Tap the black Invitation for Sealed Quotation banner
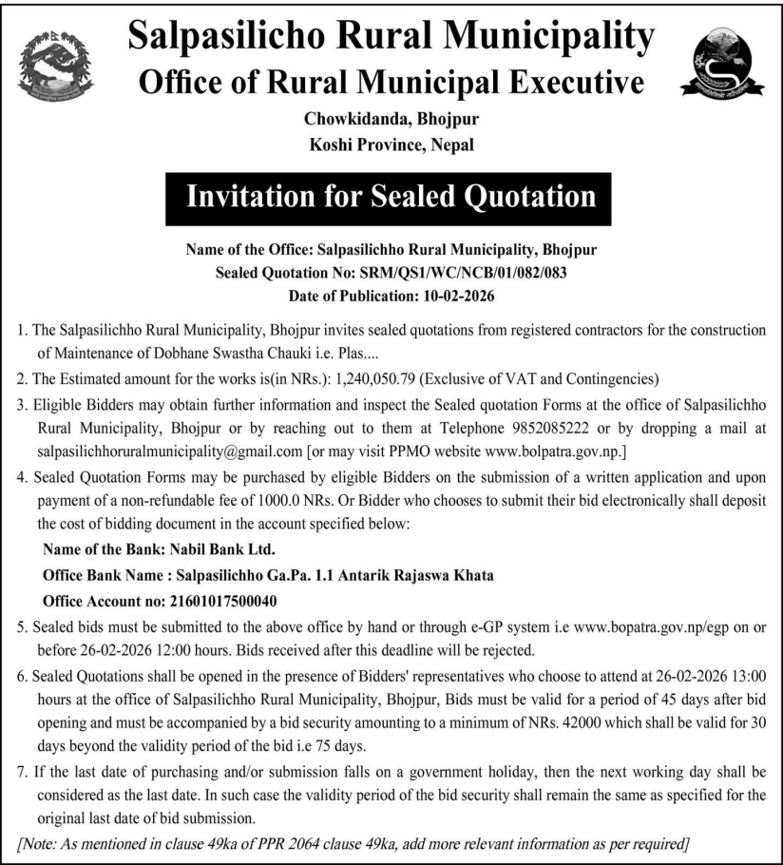pos(391,197)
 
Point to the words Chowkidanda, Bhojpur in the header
pos(391,121)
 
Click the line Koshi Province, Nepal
pos(391,145)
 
